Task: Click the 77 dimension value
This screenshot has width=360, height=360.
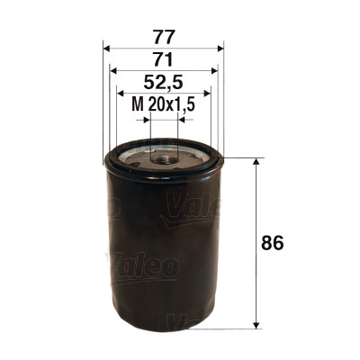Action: pos(164,37)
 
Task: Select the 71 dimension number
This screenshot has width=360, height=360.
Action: pos(164,59)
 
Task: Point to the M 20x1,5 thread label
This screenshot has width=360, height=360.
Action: pos(164,105)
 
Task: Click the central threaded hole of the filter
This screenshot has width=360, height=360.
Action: pos(164,158)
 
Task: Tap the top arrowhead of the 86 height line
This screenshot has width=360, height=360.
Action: pos(259,163)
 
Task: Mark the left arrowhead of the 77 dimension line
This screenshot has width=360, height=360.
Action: pos(107,48)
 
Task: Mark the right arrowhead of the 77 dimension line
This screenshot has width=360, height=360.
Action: pos(220,48)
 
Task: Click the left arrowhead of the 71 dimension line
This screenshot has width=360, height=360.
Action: pos(112,70)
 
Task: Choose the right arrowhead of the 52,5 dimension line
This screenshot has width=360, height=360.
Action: pos(206,93)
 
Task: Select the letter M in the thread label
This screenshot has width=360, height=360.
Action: pos(137,105)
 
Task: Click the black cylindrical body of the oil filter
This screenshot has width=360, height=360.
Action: pos(162,252)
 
